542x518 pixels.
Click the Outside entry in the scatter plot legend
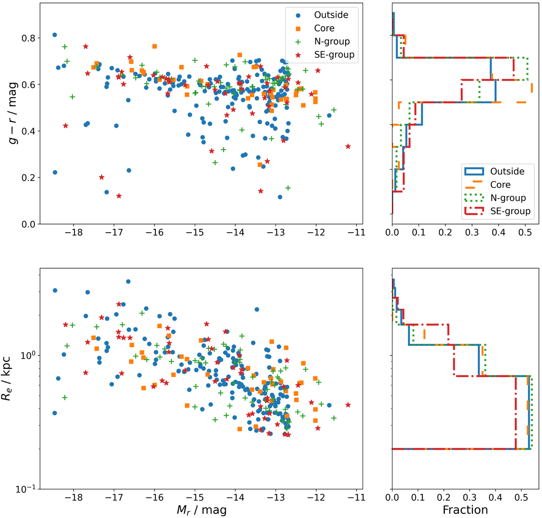point(331,15)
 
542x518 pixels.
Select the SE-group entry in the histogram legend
point(510,211)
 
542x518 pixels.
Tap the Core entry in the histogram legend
point(500,185)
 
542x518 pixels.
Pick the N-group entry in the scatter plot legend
point(332,42)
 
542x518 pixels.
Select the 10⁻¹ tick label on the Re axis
point(24,488)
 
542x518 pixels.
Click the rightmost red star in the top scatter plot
point(348,146)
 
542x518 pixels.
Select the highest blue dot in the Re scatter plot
point(128,281)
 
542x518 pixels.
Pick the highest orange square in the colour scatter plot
point(154,46)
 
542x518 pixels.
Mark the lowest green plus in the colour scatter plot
point(288,188)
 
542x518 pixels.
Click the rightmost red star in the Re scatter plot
point(348,405)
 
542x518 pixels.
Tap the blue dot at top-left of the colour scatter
point(55,35)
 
